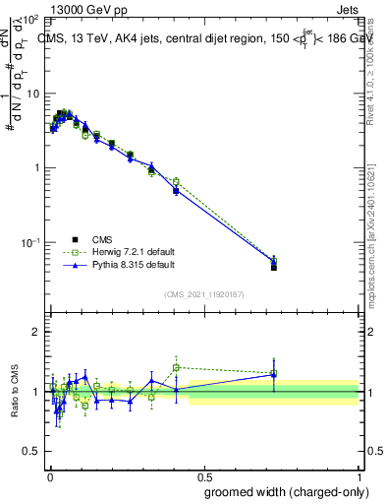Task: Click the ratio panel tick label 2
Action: (37, 333)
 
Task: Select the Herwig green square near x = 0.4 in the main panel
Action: (176, 182)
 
